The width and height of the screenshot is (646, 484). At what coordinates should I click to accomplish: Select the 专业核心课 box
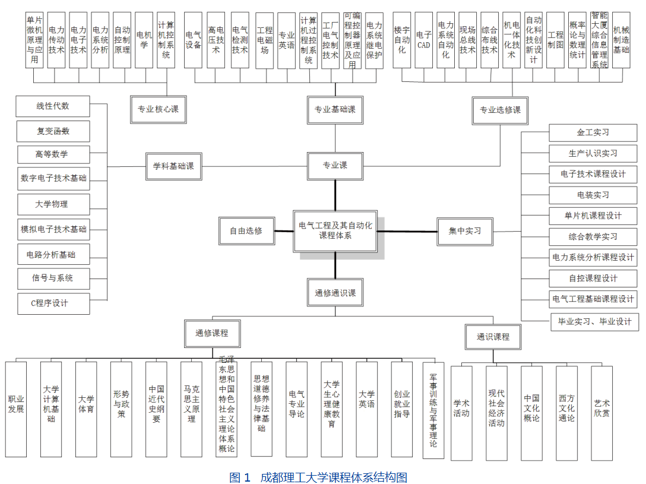coord(158,109)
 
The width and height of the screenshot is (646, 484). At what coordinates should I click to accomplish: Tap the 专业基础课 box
coord(335,110)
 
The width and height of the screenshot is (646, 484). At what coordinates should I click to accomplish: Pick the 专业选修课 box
coord(500,110)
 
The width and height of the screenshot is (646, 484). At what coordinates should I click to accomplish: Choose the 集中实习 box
coord(465,231)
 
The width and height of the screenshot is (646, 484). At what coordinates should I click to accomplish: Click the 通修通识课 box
coord(335,293)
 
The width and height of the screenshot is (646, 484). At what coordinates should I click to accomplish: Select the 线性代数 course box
coord(53,106)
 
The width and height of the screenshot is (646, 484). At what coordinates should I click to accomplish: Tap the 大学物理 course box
coord(53,204)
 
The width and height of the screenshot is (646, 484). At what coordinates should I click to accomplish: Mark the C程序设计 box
coord(53,303)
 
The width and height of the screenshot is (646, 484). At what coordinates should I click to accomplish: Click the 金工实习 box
coord(593,132)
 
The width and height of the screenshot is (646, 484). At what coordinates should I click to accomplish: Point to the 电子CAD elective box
coord(423,40)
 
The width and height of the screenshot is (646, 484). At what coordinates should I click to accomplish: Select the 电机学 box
coord(144,39)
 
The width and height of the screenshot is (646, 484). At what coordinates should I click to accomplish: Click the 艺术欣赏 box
coord(601,412)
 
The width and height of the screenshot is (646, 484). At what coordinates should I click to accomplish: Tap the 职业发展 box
coord(16,409)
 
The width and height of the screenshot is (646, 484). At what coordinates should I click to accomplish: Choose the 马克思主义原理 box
coord(191,409)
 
